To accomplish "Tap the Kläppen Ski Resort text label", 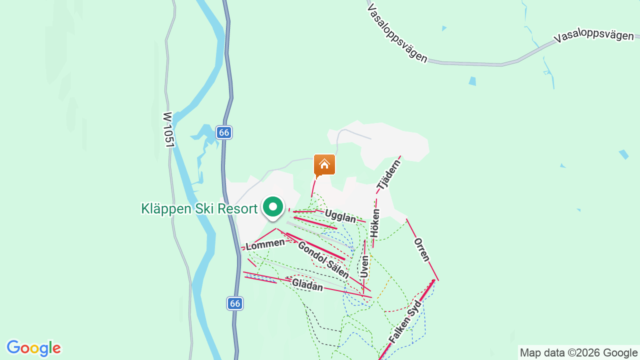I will tap(199, 208).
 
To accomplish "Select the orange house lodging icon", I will tap(324, 165).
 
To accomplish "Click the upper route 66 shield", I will tap(224, 132).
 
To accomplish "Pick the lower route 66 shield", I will tap(235, 303).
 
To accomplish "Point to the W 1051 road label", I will tap(168, 129).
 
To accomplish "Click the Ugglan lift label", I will tap(340, 216).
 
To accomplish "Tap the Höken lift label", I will tap(375, 223).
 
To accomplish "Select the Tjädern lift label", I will tap(389, 175).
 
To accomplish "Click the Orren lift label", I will tap(422, 249).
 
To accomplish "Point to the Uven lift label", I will tap(364, 266).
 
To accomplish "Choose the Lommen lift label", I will tap(265, 243).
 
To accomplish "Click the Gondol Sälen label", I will tap(323, 260).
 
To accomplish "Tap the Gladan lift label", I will tap(307, 284).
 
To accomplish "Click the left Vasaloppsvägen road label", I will tap(397, 34).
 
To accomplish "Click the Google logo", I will tap(33, 348).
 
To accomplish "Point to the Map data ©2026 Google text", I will tap(579, 352).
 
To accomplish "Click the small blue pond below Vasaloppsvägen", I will tap(472, 81).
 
